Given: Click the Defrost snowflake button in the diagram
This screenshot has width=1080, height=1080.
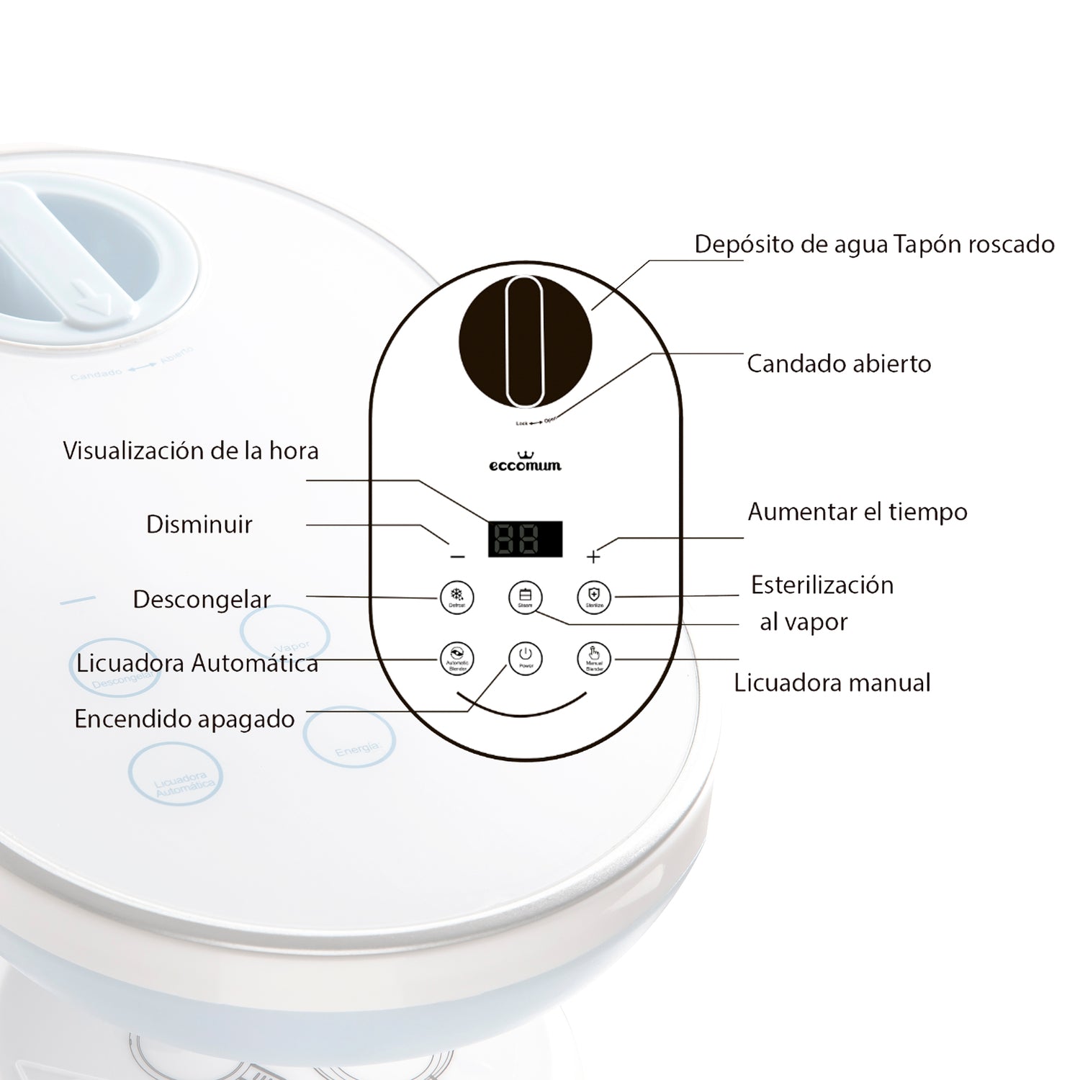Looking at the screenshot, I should tap(456, 597).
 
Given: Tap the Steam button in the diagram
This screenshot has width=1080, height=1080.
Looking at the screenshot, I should tap(525, 597).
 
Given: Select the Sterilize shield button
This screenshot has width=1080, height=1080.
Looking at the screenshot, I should tap(594, 597).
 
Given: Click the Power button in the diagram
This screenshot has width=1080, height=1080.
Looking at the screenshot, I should tap(525, 657).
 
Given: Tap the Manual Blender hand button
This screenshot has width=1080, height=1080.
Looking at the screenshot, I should tap(594, 658).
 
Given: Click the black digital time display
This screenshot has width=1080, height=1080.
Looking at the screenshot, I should tap(525, 539).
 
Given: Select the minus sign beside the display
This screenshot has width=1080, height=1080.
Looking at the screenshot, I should tap(457, 557).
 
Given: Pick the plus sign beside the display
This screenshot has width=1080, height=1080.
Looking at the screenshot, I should tap(593, 557).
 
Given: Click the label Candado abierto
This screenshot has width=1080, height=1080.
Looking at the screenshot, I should tap(839, 364).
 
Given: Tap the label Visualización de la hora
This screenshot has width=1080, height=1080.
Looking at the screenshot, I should tap(191, 451).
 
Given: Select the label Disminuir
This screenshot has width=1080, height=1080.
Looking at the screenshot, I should tap(199, 525).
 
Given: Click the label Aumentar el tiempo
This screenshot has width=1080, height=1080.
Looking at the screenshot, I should tap(858, 513).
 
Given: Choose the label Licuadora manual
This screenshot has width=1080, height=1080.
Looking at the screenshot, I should tap(832, 683).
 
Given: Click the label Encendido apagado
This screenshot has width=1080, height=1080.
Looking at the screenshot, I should tap(184, 719).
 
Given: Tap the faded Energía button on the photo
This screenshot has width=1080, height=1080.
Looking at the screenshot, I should tap(349, 737).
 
